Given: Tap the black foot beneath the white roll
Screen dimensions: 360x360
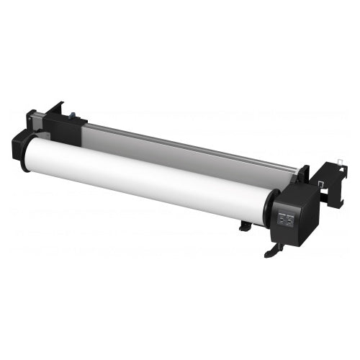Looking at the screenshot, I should [x=245, y=225].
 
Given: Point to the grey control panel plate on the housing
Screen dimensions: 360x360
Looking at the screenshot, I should [x=286, y=219].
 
